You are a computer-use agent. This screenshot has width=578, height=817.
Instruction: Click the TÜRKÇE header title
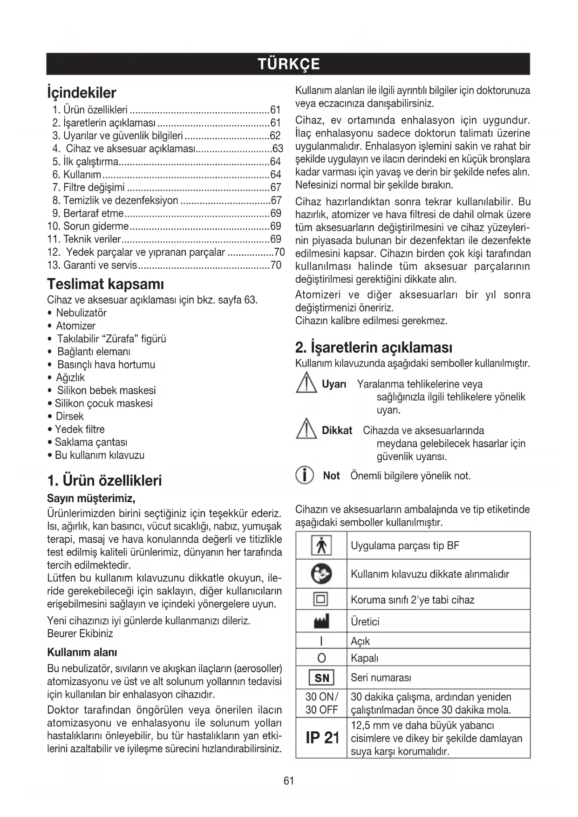click(288, 64)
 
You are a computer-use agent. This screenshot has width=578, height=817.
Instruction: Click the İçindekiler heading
click(82, 92)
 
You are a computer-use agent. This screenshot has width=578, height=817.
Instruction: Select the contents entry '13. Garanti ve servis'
click(93, 265)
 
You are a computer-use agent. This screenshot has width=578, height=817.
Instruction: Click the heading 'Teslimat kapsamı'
click(105, 284)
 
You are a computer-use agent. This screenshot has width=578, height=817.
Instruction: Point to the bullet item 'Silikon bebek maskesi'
click(106, 390)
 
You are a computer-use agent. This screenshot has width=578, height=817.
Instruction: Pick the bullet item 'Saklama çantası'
click(91, 442)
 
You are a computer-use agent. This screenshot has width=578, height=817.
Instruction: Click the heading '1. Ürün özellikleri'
click(104, 480)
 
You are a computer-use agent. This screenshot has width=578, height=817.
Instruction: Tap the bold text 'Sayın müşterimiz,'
click(91, 498)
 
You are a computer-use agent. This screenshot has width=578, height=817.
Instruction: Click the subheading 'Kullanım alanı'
click(82, 652)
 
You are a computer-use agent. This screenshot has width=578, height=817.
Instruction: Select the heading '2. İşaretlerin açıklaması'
click(374, 347)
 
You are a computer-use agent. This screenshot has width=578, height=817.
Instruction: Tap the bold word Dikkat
click(337, 430)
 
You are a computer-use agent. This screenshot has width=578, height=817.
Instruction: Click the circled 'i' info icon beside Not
click(305, 476)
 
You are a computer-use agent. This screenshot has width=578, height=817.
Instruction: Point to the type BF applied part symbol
click(321, 545)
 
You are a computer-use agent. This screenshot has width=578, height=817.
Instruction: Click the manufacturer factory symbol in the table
click(321, 621)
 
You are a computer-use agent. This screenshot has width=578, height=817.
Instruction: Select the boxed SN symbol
click(321, 678)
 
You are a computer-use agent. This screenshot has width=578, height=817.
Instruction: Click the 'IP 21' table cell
click(322, 738)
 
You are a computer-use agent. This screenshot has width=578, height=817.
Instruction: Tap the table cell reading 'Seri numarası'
click(381, 677)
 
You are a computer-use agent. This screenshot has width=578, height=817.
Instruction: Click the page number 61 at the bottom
click(289, 781)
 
